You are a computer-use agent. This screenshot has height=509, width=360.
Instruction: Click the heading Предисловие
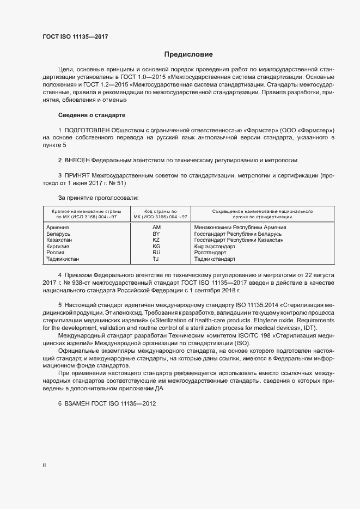188,54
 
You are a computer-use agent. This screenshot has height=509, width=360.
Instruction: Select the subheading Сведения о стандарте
91,115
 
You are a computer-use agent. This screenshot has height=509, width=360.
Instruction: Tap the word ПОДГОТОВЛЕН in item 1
87,131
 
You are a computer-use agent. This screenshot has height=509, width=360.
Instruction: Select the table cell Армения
58,227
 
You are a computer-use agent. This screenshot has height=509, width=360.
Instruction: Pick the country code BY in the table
156,234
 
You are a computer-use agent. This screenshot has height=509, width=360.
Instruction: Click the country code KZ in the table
156,240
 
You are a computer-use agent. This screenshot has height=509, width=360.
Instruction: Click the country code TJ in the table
156,259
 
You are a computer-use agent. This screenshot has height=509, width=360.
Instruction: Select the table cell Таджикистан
63,259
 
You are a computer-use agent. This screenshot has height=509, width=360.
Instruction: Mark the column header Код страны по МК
156,213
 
